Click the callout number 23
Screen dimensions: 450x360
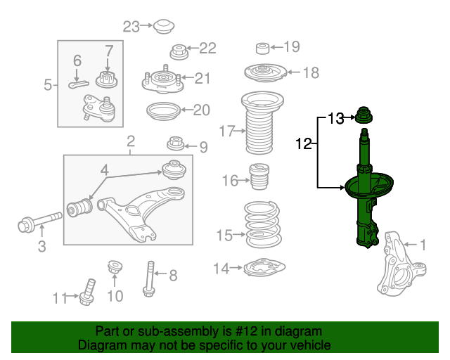(x=131, y=27)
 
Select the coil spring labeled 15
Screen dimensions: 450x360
(x=262, y=224)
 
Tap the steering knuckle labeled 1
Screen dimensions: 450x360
(x=401, y=264)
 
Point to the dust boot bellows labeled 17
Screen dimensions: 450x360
(x=262, y=122)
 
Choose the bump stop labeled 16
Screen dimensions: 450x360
(x=260, y=176)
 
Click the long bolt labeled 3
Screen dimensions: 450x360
(x=39, y=222)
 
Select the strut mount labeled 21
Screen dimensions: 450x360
(x=163, y=79)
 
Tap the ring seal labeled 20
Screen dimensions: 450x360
(x=163, y=111)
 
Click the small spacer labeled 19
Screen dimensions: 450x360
(x=262, y=49)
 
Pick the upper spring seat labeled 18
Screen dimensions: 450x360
(x=266, y=72)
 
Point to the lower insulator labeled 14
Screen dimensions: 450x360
(x=264, y=268)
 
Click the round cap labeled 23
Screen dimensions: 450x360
(x=164, y=27)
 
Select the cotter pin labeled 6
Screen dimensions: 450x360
(x=79, y=84)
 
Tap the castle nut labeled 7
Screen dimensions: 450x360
(x=107, y=79)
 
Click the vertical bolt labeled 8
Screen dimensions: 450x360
(x=150, y=278)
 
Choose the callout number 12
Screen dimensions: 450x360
(x=303, y=143)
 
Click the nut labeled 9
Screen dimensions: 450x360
(x=176, y=143)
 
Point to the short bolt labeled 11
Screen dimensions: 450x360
(x=87, y=292)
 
